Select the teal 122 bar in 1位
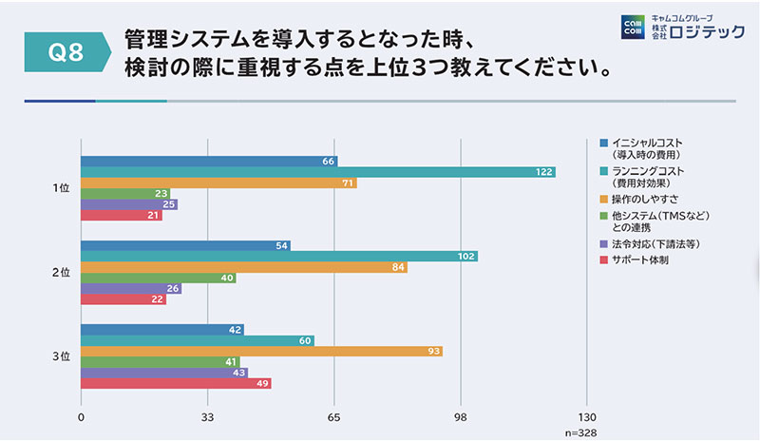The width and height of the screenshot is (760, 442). pos(318,172)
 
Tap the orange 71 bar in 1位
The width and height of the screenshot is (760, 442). pos(218,183)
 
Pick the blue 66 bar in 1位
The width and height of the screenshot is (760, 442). pos(209,162)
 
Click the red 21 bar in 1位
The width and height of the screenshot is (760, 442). pos(122,216)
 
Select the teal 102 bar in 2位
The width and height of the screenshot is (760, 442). pos(279,257)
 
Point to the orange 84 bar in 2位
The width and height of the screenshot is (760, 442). pos(244,267)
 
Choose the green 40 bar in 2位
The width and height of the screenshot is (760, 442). pos(159,279)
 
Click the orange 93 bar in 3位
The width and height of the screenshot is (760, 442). pos(262,352)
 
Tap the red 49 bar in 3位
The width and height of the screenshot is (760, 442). pos(176,384)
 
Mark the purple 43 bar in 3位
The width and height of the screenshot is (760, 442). pos(164,373)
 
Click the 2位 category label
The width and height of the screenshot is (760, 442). pos(60,273)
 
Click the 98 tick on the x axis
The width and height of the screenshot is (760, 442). pos(460,417)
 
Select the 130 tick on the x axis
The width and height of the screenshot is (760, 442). pos(586,417)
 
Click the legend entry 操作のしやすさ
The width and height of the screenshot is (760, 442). pos(646,199)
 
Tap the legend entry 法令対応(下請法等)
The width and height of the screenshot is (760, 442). pos(656,244)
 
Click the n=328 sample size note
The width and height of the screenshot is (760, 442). pos(580,432)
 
